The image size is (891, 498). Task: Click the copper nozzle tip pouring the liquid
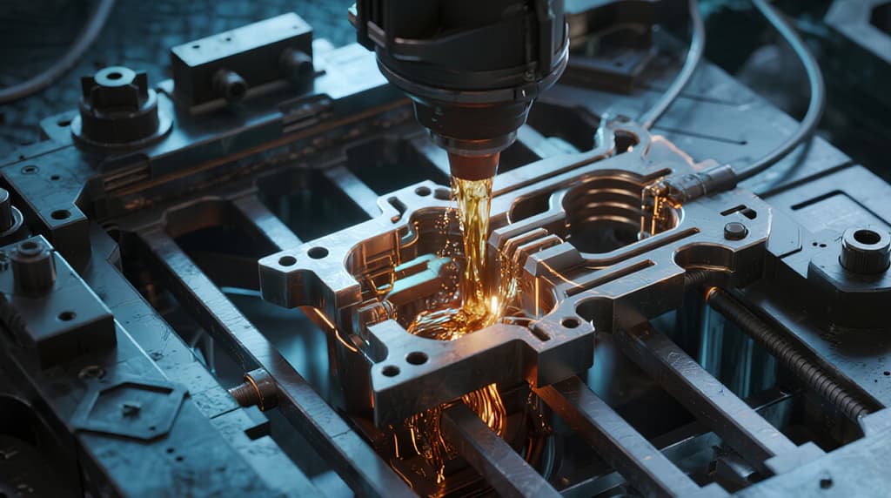473,165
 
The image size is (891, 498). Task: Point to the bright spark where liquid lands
493,304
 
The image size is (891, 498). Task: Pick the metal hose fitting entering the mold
700,184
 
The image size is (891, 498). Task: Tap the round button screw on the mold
735,231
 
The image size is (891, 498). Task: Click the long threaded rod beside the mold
783,348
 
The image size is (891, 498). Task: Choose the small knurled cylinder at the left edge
33,266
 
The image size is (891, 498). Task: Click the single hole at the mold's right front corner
570,323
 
